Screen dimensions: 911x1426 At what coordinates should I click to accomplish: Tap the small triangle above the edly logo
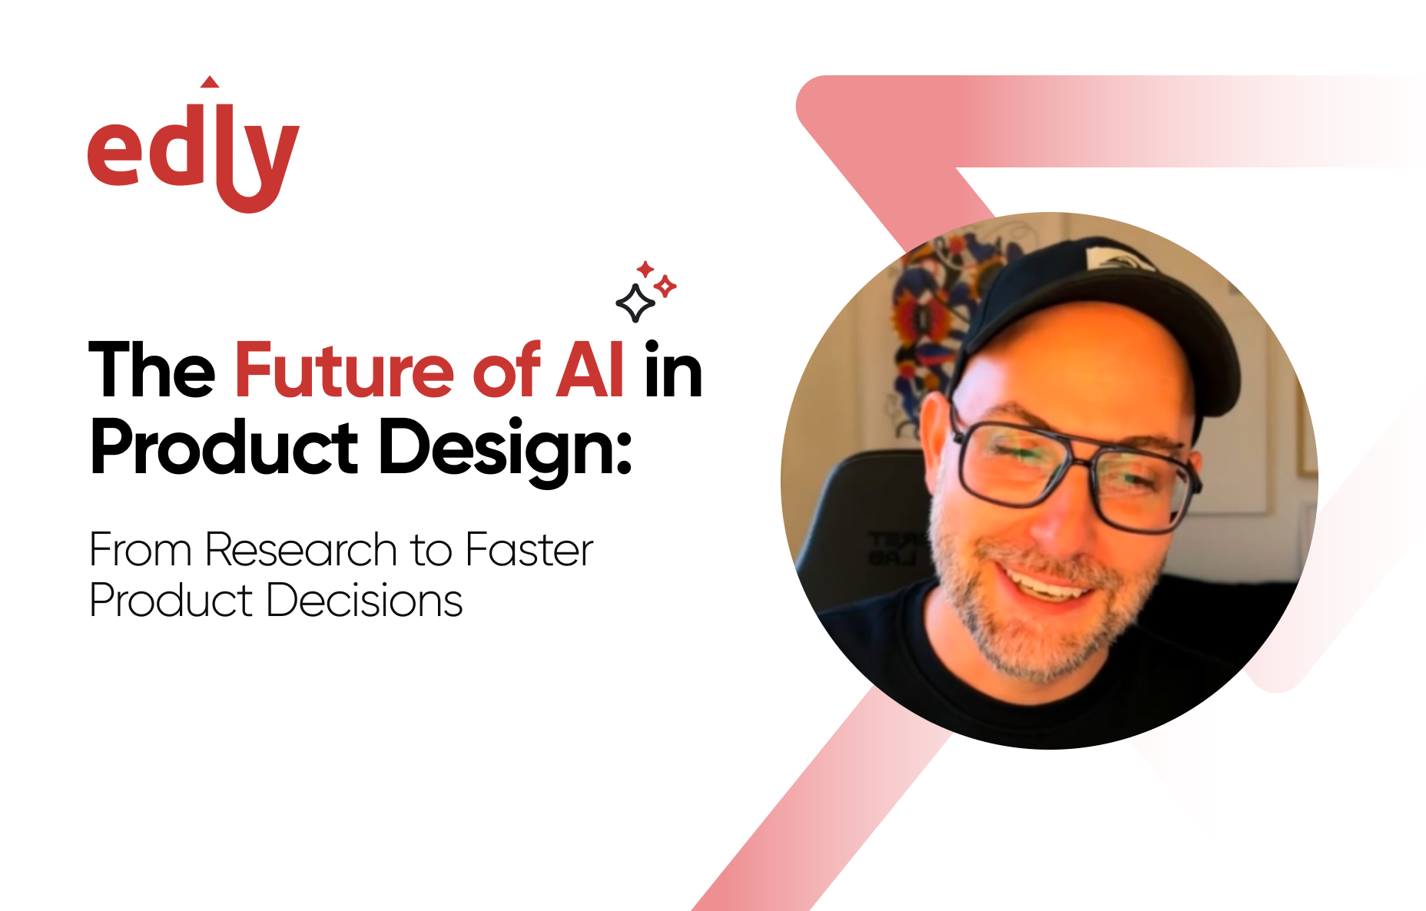coord(209,82)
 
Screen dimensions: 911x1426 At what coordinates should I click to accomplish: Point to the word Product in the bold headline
coord(224,449)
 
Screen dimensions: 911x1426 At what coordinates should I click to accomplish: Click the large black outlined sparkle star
coord(635,303)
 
